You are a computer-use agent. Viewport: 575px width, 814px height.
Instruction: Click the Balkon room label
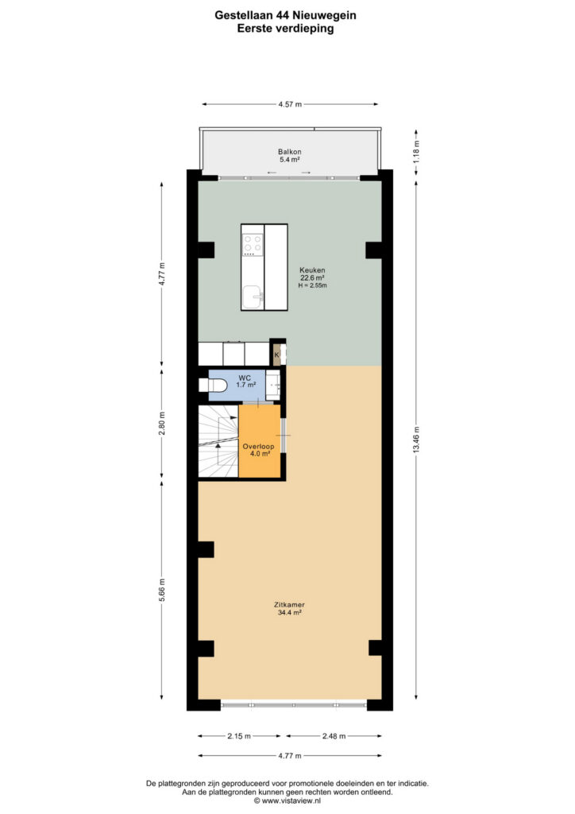pyautogui.click(x=289, y=152)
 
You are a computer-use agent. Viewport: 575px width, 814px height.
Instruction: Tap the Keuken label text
pyautogui.click(x=312, y=270)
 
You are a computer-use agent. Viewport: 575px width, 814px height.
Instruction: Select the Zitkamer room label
pyautogui.click(x=289, y=605)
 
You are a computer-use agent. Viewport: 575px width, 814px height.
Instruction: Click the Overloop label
pyautogui.click(x=258, y=447)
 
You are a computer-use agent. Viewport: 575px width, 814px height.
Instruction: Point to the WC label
pyautogui.click(x=245, y=378)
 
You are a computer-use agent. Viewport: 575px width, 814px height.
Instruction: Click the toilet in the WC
pyautogui.click(x=213, y=386)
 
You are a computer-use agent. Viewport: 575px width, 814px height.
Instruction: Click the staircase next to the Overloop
pyautogui.click(x=218, y=441)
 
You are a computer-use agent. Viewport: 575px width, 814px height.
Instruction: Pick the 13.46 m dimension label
pyautogui.click(x=416, y=440)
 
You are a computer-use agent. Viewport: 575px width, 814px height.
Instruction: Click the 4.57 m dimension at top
pyautogui.click(x=290, y=104)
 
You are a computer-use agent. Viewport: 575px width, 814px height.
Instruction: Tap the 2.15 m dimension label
pyautogui.click(x=238, y=735)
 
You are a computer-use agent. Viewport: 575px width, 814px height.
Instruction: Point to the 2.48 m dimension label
pyautogui.click(x=334, y=735)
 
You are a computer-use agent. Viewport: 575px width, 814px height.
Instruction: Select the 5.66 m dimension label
pyautogui.click(x=162, y=591)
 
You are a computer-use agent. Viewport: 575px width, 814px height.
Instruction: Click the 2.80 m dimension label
pyautogui.click(x=162, y=424)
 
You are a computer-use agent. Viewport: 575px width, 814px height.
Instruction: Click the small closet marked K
pyautogui.click(x=278, y=355)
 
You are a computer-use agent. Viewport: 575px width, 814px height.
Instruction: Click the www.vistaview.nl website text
pyautogui.click(x=291, y=800)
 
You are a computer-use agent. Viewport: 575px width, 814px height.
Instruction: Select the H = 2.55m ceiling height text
pyautogui.click(x=312, y=285)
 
